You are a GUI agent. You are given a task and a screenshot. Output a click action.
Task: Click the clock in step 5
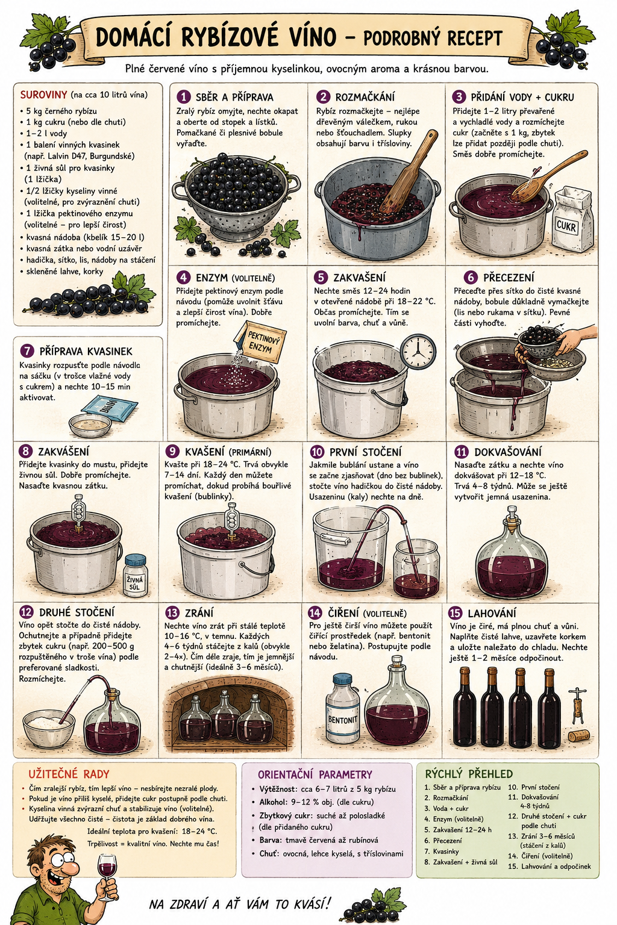[x=418, y=351]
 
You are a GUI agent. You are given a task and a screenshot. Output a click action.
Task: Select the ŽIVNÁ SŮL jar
[x=136, y=576]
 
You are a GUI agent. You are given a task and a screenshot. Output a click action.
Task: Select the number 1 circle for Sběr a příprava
[x=184, y=96]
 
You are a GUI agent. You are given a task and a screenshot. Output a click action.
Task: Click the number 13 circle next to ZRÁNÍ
[x=172, y=612]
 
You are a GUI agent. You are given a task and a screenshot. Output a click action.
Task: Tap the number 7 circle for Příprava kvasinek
[x=27, y=351]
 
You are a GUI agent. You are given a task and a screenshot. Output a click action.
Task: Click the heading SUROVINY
[x=43, y=95]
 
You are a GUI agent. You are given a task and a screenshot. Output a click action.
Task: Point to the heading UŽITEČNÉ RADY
[x=69, y=774]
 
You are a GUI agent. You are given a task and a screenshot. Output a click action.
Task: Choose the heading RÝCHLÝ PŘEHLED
[x=469, y=773]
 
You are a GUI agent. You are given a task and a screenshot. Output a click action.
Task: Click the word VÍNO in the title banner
[x=305, y=37]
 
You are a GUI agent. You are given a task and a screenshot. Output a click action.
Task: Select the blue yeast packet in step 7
[x=109, y=408]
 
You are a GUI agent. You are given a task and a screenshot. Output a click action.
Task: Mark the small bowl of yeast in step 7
[x=90, y=425]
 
